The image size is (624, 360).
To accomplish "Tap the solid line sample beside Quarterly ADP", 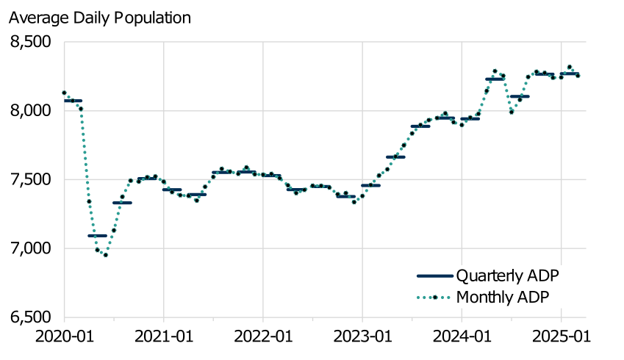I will tap(434, 276).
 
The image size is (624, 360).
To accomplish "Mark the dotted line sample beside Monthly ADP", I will tap(434, 297).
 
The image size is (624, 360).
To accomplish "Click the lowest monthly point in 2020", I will tap(106, 255).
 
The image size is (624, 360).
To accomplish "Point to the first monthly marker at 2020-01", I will tap(64, 93).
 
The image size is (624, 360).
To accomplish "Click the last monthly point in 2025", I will tap(578, 75).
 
